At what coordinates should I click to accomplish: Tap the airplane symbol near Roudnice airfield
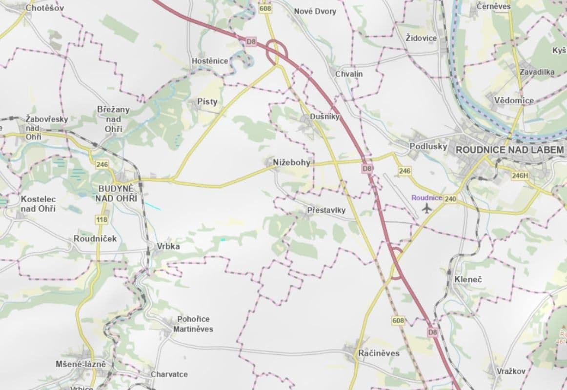pyautogui.click(x=427, y=209)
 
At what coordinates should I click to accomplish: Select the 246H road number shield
pyautogui.click(x=520, y=175)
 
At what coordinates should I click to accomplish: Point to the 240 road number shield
pyautogui.click(x=450, y=198)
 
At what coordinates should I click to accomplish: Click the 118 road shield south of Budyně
pyautogui.click(x=101, y=220)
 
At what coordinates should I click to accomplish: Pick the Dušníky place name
pyautogui.click(x=324, y=117)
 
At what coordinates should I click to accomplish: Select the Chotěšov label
pyautogui.click(x=44, y=8)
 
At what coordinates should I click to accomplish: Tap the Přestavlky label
pyautogui.click(x=326, y=210)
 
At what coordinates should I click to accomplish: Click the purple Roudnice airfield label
pyautogui.click(x=426, y=198)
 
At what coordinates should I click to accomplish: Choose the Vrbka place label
pyautogui.click(x=168, y=247)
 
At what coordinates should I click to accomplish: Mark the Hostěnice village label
pyautogui.click(x=210, y=61)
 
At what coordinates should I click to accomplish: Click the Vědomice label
pyautogui.click(x=514, y=100)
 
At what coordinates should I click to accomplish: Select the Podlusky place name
pyautogui.click(x=428, y=146)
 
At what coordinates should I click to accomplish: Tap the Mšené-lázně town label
pyautogui.click(x=81, y=364)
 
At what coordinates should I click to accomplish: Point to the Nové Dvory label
pyautogui.click(x=315, y=11)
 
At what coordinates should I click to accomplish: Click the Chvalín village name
pyautogui.click(x=349, y=74)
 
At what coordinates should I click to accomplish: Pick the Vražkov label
pyautogui.click(x=511, y=371)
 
